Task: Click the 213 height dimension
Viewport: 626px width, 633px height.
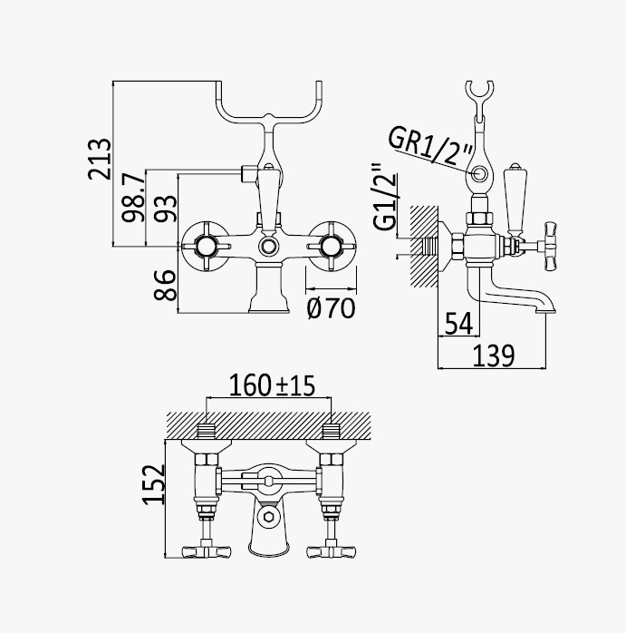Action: pyautogui.click(x=100, y=159)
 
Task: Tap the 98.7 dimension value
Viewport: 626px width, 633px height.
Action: pyautogui.click(x=133, y=197)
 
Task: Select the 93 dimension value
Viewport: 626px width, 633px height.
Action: pyautogui.click(x=166, y=209)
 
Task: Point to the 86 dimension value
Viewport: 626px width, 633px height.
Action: pyautogui.click(x=165, y=285)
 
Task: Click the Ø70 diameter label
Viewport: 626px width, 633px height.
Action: pyautogui.click(x=332, y=308)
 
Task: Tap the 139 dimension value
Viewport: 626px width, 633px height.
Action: pyautogui.click(x=494, y=355)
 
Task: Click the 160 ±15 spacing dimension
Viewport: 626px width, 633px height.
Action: pyautogui.click(x=272, y=385)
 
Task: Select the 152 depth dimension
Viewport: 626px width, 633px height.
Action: pyautogui.click(x=154, y=484)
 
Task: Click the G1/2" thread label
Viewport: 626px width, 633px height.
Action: pyautogui.click(x=385, y=197)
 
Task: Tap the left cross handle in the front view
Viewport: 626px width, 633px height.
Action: pyautogui.click(x=207, y=247)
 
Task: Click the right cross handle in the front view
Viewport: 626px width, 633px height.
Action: pyautogui.click(x=332, y=247)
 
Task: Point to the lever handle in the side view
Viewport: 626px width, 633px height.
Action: pyautogui.click(x=515, y=200)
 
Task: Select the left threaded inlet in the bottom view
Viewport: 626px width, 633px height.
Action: pyautogui.click(x=207, y=432)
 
